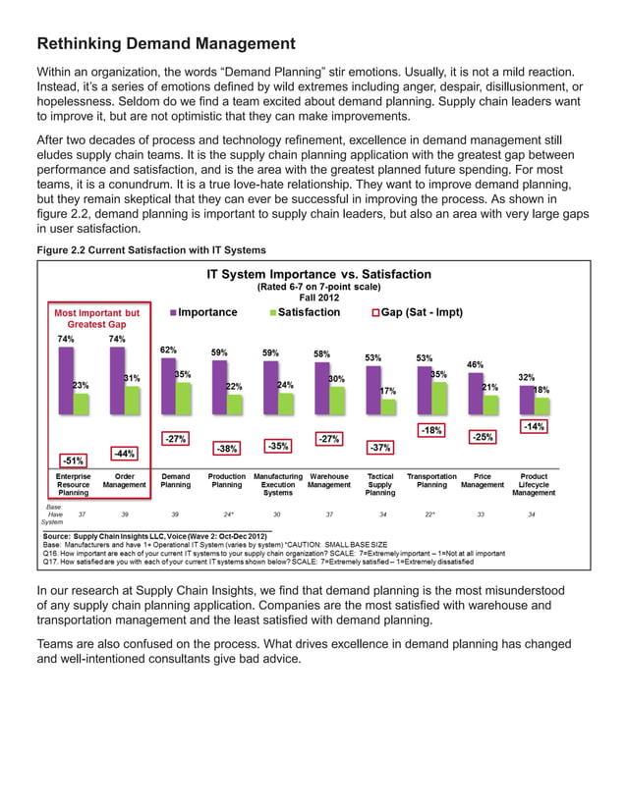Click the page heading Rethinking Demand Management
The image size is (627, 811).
pyautogui.click(x=165, y=43)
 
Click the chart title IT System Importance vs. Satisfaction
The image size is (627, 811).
pyautogui.click(x=318, y=274)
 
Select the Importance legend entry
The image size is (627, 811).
pyautogui.click(x=207, y=312)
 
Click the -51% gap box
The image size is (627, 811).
pyautogui.click(x=72, y=459)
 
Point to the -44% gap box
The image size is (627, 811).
pyautogui.click(x=124, y=453)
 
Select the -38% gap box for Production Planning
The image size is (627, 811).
pyautogui.click(x=227, y=448)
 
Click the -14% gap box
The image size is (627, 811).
pyautogui.click(x=534, y=426)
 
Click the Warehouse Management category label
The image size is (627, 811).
pyautogui.click(x=329, y=479)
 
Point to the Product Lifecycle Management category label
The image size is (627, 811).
pyautogui.click(x=534, y=484)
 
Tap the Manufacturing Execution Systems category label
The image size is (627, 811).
pyautogui.click(x=278, y=484)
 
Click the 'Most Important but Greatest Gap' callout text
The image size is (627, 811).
pyautogui.click(x=96, y=318)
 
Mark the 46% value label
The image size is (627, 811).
pyautogui.click(x=475, y=364)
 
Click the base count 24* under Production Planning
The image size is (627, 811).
pyautogui.click(x=228, y=514)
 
